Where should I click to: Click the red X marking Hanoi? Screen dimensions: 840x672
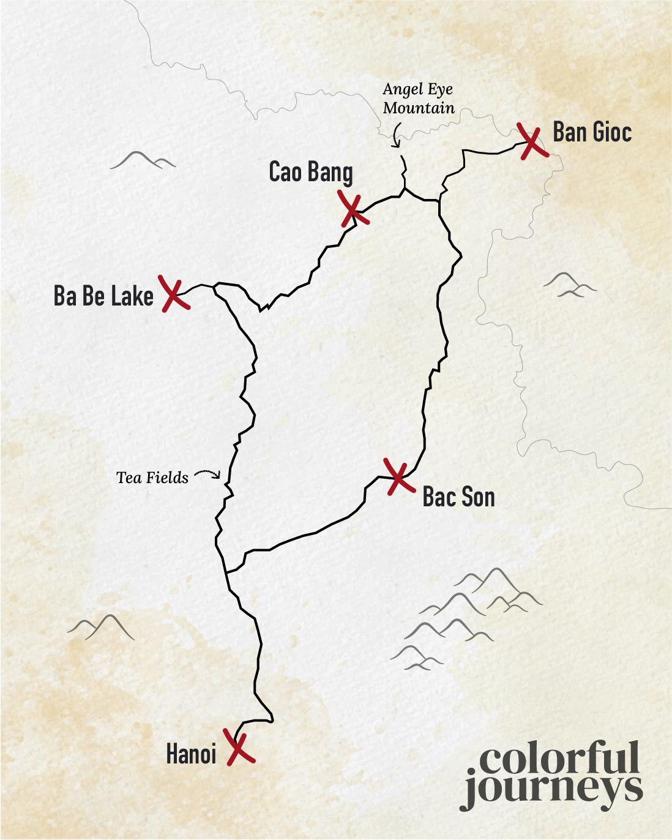click(239, 746)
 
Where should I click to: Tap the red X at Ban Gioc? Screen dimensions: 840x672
click(532, 141)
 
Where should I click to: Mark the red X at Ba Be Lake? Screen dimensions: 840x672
click(174, 294)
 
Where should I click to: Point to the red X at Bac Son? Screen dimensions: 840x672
click(399, 476)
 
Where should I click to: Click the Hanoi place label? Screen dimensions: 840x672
click(192, 754)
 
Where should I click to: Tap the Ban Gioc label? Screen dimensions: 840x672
click(592, 132)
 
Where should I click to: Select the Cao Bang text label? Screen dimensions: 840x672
click(311, 172)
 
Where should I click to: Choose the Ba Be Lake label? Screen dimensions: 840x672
click(103, 296)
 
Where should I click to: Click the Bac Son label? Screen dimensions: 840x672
click(458, 497)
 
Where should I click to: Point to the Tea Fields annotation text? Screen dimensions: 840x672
click(152, 478)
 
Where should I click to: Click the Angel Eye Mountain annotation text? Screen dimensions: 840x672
click(419, 99)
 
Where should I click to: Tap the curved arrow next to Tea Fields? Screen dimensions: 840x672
click(207, 474)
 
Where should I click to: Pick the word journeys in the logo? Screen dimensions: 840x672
click(553, 790)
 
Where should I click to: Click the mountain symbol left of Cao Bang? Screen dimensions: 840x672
click(143, 160)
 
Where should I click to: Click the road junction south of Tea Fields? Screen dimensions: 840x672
click(226, 572)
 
